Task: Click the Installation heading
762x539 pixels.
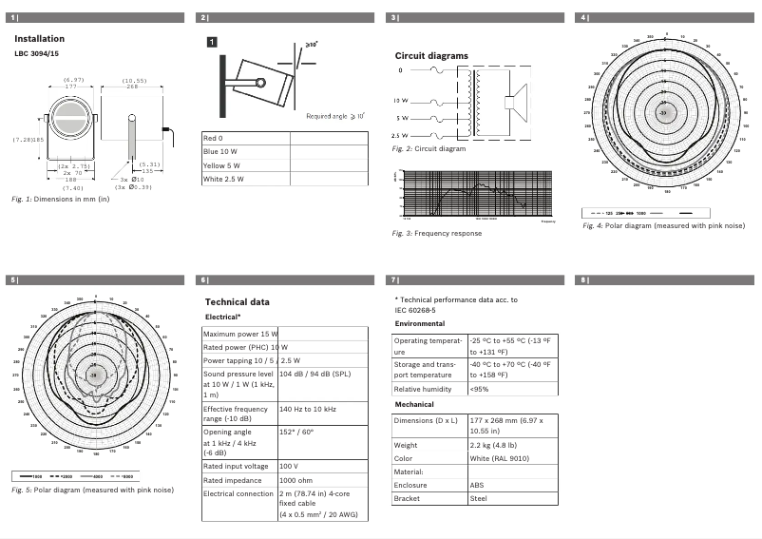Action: tap(39, 39)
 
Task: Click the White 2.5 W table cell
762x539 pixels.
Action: tap(227, 178)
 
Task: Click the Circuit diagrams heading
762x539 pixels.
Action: tap(431, 56)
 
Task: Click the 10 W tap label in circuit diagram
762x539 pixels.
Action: tap(400, 101)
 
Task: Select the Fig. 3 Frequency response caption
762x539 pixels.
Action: tap(429, 233)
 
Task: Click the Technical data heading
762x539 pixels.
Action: tap(238, 301)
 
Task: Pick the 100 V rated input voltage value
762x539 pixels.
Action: tap(289, 466)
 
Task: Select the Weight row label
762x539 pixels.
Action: tap(406, 445)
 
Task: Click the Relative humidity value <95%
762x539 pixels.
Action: tap(479, 390)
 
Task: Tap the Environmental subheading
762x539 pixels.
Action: tap(419, 323)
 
